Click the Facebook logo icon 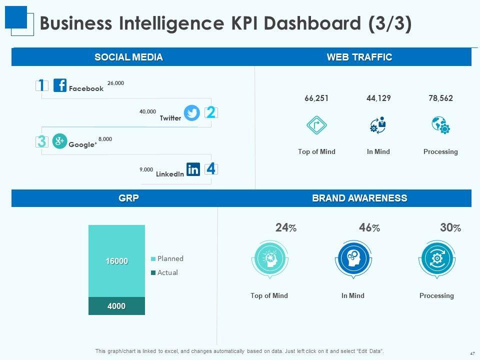60,85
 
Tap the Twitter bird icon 192,113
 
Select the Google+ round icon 59,141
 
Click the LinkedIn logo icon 193,169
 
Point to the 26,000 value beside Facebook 115,83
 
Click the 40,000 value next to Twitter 147,112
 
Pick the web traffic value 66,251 316,98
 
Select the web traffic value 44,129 378,98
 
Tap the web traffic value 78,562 440,98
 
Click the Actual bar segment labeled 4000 116,306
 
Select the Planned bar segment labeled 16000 116,261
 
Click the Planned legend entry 167,259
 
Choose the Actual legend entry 164,273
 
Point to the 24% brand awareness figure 285,228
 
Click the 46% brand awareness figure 369,228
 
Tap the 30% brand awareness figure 450,228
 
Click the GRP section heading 128,198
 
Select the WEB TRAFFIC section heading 359,57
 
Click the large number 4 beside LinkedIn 211,169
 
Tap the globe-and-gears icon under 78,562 440,125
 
